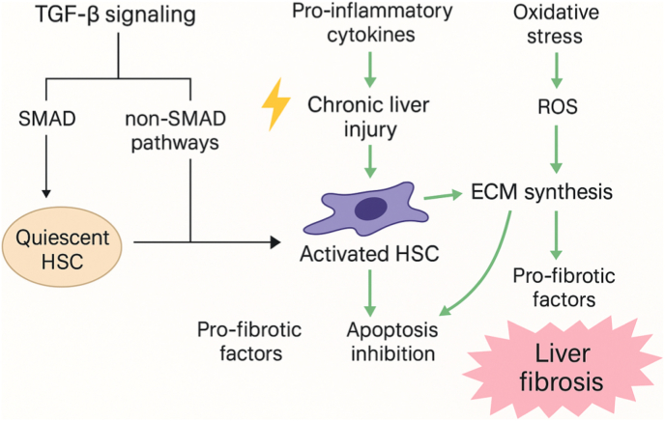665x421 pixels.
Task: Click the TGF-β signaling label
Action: tap(115, 14)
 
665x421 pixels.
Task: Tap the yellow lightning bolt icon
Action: tap(276, 103)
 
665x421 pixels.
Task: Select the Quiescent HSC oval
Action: tap(62, 246)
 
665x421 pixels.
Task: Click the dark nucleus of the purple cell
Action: tap(370, 209)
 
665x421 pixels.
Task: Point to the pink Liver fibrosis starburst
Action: tap(562, 368)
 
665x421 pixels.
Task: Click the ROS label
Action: tap(558, 107)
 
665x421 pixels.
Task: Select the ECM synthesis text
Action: tap(541, 192)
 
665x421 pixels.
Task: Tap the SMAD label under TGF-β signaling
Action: tap(47, 119)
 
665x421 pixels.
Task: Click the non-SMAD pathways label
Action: tap(175, 131)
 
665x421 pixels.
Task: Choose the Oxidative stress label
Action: tap(556, 24)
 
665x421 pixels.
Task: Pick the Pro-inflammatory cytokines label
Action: tap(372, 23)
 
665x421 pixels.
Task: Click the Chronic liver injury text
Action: tap(368, 118)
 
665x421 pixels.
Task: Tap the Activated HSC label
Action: tap(369, 254)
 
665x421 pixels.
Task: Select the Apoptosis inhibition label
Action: tap(392, 342)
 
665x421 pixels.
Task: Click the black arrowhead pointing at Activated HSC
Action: tap(275, 242)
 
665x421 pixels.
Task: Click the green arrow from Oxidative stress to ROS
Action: tap(556, 70)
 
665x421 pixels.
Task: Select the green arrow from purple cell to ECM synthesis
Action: tap(444, 196)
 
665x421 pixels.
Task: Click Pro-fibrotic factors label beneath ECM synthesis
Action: tap(564, 288)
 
